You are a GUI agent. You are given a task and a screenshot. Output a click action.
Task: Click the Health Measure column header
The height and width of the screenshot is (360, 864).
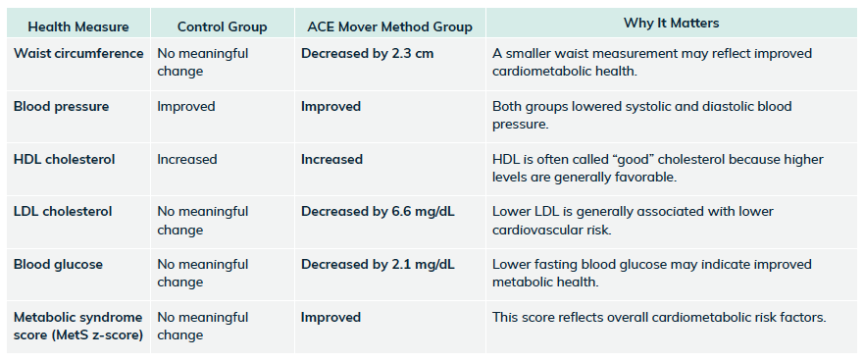tap(78, 26)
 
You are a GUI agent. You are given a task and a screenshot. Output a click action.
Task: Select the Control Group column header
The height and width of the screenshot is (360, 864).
tap(222, 26)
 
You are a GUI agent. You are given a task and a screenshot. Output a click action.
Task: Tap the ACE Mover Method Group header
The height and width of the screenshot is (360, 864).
tap(390, 26)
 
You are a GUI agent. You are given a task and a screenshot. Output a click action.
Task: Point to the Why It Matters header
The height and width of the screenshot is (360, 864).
tap(671, 24)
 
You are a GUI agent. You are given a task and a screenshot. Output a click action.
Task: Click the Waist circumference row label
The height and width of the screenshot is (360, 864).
tap(78, 54)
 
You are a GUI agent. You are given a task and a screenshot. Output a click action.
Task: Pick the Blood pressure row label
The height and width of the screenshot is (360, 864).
tap(61, 106)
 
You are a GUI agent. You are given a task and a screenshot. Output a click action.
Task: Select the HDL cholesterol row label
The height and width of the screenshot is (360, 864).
tap(65, 159)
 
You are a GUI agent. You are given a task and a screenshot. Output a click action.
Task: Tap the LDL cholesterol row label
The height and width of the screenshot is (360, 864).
tap(63, 211)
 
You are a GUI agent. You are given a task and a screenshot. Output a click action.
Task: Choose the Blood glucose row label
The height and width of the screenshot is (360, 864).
tap(59, 265)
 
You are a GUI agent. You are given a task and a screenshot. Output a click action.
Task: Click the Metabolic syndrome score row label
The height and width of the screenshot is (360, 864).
tap(78, 326)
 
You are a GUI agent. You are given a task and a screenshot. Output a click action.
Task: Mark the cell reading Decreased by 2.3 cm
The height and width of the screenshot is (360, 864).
tap(368, 54)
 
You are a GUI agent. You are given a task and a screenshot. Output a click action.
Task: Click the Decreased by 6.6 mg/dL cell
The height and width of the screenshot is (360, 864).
tap(378, 212)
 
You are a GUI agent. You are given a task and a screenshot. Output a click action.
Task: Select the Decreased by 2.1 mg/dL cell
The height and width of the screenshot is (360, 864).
tap(378, 265)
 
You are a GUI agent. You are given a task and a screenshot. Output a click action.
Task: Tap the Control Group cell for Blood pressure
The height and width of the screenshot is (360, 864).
tap(186, 106)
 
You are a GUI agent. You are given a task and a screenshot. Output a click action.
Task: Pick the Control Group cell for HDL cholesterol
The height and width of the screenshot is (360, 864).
tap(187, 159)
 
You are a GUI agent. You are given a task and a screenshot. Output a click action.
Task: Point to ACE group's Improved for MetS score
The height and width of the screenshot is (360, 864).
tap(330, 318)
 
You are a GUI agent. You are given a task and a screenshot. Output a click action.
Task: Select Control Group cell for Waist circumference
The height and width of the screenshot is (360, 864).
tap(203, 63)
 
